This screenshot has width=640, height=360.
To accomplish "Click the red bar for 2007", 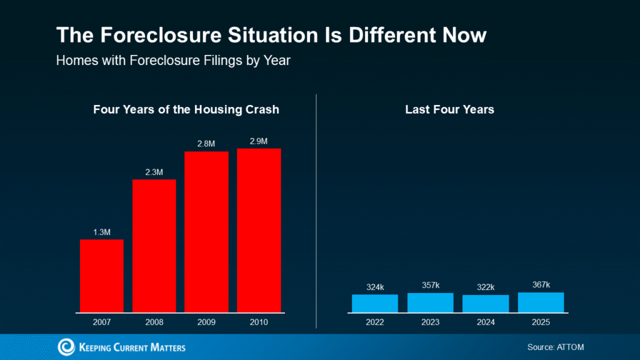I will [x=102, y=275].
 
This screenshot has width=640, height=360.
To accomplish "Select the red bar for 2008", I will [x=154, y=245].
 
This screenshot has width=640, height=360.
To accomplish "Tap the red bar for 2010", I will [x=259, y=229].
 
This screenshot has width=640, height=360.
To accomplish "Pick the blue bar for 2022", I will [x=375, y=303].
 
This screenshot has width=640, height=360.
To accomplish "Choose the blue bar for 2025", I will [x=541, y=302].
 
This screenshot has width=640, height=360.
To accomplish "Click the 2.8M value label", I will [x=206, y=144].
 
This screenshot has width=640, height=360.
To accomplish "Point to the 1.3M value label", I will [x=102, y=232].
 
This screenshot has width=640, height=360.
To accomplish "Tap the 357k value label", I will [x=431, y=286].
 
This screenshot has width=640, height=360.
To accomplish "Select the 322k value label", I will [x=486, y=287].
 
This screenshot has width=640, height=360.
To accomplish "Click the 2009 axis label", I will [x=206, y=322].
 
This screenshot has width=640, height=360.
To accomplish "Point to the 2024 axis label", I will [x=486, y=322].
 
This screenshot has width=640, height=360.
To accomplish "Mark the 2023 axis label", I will [x=431, y=322].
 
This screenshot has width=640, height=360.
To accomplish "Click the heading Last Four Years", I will [x=449, y=109].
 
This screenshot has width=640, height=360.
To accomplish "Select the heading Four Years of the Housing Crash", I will [x=186, y=109].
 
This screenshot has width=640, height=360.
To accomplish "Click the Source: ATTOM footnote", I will [x=556, y=347].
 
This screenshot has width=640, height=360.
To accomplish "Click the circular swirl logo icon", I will [x=66, y=347].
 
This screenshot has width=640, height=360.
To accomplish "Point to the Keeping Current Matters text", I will [x=132, y=347].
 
